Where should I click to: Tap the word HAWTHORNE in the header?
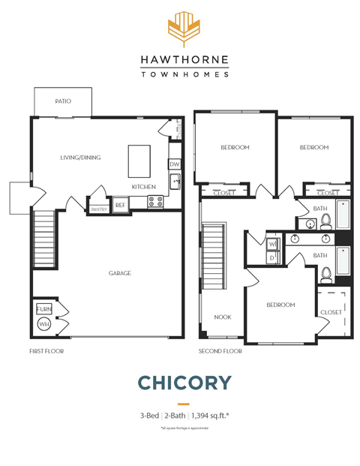pyautogui.click(x=184, y=60)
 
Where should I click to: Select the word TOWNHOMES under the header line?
pyautogui.click(x=184, y=74)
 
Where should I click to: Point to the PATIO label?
pyautogui.click(x=63, y=101)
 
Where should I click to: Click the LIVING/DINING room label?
pyautogui.click(x=80, y=158)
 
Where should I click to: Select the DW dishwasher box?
pyautogui.click(x=174, y=164)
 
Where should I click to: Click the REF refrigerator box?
pyautogui.click(x=120, y=204)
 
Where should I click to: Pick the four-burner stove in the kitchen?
pyautogui.click(x=155, y=201)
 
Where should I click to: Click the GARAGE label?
pyautogui.click(x=119, y=273)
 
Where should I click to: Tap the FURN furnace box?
pyautogui.click(x=43, y=309)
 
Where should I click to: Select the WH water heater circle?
pyautogui.click(x=43, y=324)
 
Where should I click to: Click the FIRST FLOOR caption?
pyautogui.click(x=46, y=350)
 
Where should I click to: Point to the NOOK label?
pyautogui.click(x=222, y=317)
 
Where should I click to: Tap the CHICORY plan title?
pyautogui.click(x=184, y=383)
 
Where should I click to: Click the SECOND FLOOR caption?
pyautogui.click(x=220, y=350)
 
